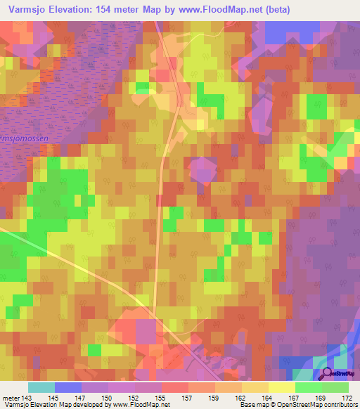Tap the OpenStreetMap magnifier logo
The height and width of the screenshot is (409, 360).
(326, 375)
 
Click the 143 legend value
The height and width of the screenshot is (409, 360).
(27, 397)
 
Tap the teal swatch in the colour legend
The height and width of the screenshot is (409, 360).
(41, 387)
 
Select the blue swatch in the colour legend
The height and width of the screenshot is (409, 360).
(68, 387)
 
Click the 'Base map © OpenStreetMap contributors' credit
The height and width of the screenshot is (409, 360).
(299, 405)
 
